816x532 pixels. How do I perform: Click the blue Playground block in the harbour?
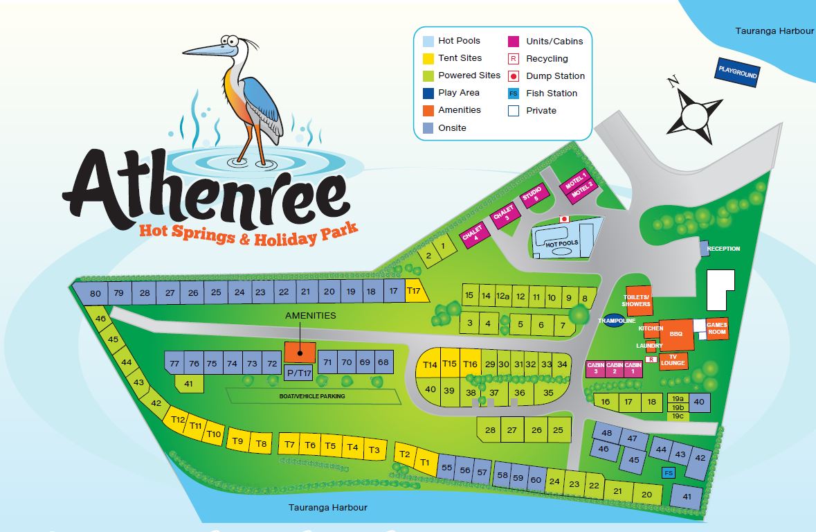tap(738, 72)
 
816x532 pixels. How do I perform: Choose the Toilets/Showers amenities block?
tap(637, 300)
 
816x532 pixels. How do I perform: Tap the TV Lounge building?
tap(673, 360)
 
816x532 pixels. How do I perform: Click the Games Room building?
tap(717, 329)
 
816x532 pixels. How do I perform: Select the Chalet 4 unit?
tap(474, 238)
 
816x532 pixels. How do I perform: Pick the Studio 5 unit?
tap(534, 195)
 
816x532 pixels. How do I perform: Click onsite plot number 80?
tap(96, 293)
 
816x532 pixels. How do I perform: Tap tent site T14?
tap(430, 364)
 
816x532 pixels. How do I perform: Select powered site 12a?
tap(503, 296)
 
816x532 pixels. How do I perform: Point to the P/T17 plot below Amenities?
tap(299, 372)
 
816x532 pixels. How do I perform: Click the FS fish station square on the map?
tap(669, 473)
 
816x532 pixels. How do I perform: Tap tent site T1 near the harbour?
tap(426, 462)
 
